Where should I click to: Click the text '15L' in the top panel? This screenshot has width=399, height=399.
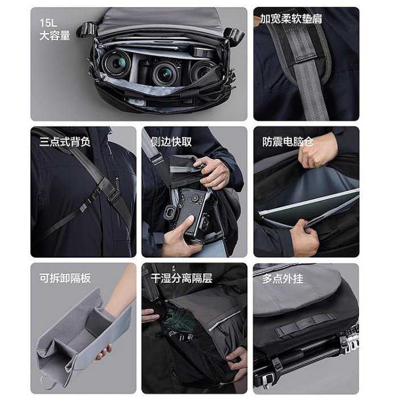pyautogui.click(x=48, y=23)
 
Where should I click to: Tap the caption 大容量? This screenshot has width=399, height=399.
pyautogui.click(x=55, y=35)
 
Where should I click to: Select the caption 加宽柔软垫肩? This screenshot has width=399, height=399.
pyautogui.click(x=291, y=19)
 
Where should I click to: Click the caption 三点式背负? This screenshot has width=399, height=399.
pyautogui.click(x=65, y=141)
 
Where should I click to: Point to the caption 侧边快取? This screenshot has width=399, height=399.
pyautogui.click(x=171, y=141)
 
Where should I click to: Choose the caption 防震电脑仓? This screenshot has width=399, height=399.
pyautogui.click(x=287, y=141)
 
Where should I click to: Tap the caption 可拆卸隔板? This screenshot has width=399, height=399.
pyautogui.click(x=65, y=278)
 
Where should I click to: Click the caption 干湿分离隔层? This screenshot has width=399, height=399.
pyautogui.click(x=181, y=278)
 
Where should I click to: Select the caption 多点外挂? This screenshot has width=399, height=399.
pyautogui.click(x=283, y=279)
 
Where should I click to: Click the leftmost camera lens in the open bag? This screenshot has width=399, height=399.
pyautogui.click(x=116, y=63)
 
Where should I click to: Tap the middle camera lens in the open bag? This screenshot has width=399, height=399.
pyautogui.click(x=165, y=74)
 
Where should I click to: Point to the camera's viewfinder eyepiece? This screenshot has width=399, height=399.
pyautogui.click(x=169, y=213)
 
